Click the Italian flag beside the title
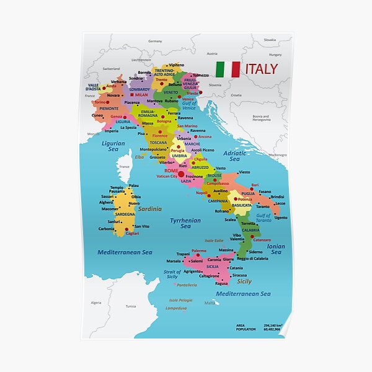227,69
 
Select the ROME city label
171,170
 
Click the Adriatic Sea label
234,156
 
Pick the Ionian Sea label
276,249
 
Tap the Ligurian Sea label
113,146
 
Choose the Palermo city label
199,250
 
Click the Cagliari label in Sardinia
132,234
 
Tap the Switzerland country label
111,68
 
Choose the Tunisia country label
131,306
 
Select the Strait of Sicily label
172,274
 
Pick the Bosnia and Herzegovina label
261,118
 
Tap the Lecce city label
280,203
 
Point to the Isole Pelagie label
180,300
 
